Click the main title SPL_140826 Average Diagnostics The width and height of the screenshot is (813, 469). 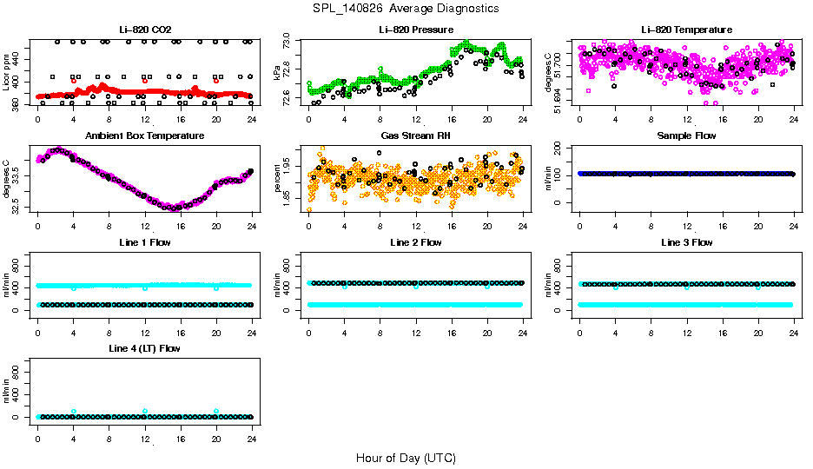pos(406,8)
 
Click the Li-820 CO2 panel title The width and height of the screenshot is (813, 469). pos(144,30)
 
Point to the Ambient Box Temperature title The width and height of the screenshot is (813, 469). pos(144,136)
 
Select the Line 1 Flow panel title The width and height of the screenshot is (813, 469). pos(144,242)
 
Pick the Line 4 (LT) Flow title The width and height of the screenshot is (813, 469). pos(144,348)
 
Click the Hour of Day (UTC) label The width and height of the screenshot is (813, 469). pos(406,457)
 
